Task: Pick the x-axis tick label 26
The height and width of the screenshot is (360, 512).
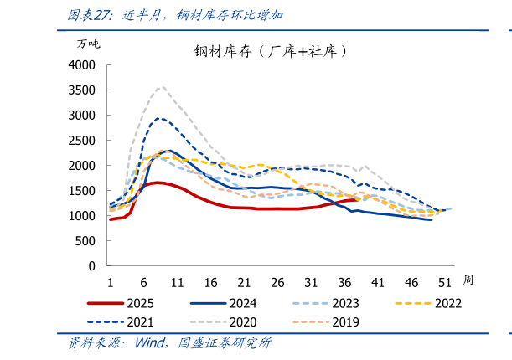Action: pos(277,282)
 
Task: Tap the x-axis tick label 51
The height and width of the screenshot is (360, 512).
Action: pos(445,282)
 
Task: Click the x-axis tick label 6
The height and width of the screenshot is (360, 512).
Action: pos(143,282)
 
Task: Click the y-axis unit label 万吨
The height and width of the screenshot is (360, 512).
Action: pos(88,44)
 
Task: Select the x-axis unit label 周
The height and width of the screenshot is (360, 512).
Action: pos(468,279)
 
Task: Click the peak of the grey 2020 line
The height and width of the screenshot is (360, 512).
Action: pos(162,87)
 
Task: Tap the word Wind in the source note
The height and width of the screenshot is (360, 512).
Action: pos(149,343)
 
